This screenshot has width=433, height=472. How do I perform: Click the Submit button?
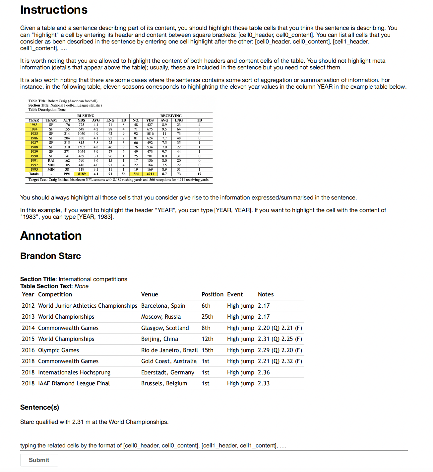pyautogui.click(x=39, y=460)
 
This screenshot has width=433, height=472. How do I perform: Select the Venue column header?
pyautogui.click(x=150, y=294)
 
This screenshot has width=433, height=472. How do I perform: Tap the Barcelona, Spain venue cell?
pyautogui.click(x=163, y=306)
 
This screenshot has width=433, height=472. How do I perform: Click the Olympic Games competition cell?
pyautogui.click(x=58, y=350)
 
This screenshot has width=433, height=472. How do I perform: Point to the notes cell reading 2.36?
pyautogui.click(x=264, y=372)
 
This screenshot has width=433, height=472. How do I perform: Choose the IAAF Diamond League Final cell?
pyautogui.click(x=74, y=383)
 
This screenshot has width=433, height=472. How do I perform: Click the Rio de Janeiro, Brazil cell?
pyautogui.click(x=169, y=350)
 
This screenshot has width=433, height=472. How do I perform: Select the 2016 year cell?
pyautogui.click(x=28, y=350)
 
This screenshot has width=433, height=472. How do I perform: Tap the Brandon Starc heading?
pyautogui.click(x=50, y=256)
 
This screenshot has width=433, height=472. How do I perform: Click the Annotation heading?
pyautogui.click(x=51, y=236)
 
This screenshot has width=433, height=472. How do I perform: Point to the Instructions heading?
pyautogui.click(x=54, y=10)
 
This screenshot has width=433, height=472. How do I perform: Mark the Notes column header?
pyautogui.click(x=266, y=294)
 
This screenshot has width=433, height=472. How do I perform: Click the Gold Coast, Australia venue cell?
pyautogui.click(x=169, y=361)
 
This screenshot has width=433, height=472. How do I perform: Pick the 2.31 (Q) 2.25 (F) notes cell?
pyautogui.click(x=280, y=339)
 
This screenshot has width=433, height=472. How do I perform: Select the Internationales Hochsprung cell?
pyautogui.click(x=74, y=372)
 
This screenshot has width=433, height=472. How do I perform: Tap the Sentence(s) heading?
pyautogui.click(x=39, y=407)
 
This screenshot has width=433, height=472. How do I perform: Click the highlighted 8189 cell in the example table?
pyautogui.click(x=82, y=174)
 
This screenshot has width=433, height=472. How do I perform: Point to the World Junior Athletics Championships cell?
pyautogui.click(x=88, y=306)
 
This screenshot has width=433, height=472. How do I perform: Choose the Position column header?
pyautogui.click(x=213, y=294)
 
